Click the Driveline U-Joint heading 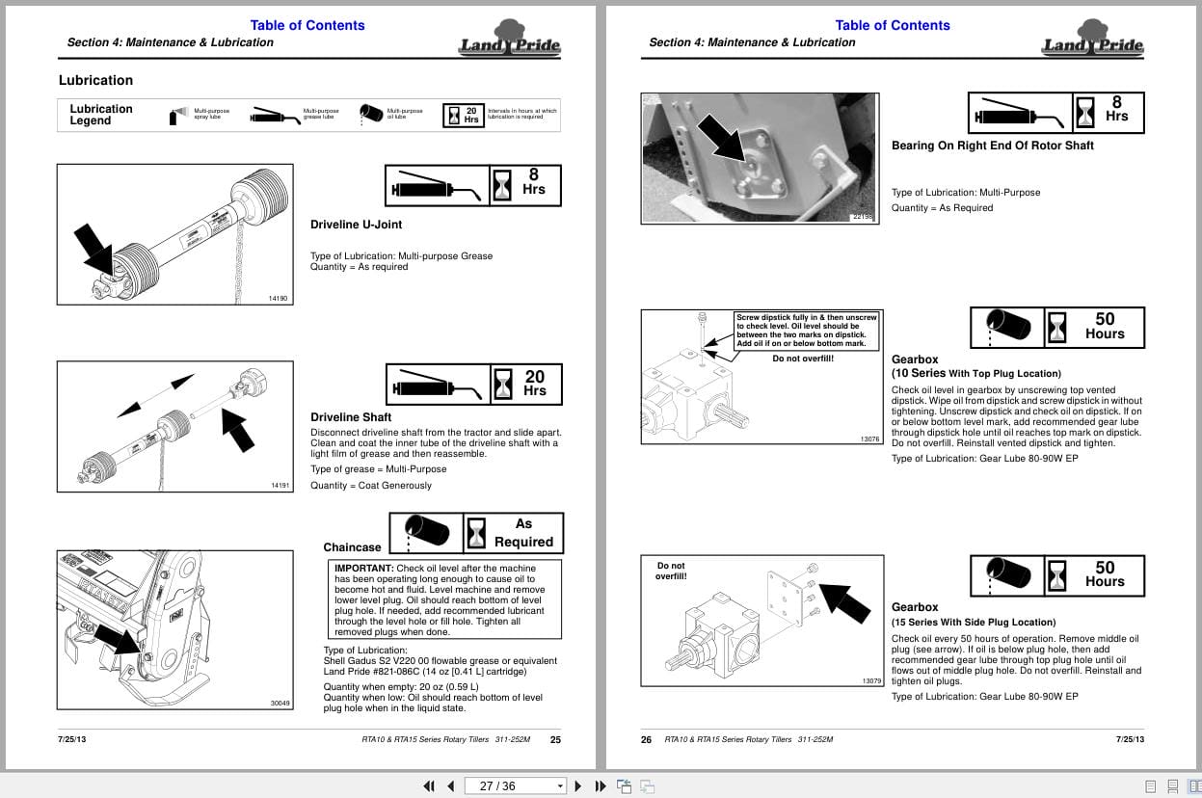[356, 225]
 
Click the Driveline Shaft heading [351, 417]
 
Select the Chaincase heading [352, 547]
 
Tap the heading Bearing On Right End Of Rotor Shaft [992, 146]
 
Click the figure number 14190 [278, 298]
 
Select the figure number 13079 [870, 681]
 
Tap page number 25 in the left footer [555, 740]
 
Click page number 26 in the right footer [647, 740]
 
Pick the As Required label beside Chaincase [523, 533]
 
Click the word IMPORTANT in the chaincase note [363, 569]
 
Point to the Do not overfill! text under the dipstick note [802, 359]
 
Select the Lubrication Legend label [100, 115]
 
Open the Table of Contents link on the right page [892, 25]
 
